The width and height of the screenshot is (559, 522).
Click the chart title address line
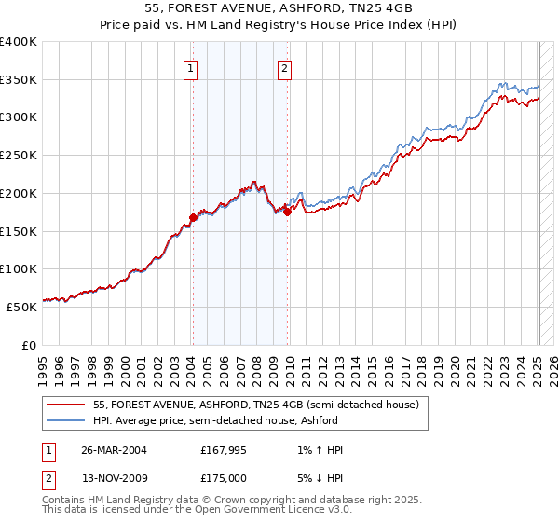coord(279,7)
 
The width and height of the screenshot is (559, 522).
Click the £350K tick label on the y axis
coord(19,80)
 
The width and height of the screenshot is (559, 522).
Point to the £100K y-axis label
coord(19,268)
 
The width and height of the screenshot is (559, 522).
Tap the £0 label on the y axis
coord(30,345)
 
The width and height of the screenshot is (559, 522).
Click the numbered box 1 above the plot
coord(191,67)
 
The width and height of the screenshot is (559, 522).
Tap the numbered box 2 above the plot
coord(283,67)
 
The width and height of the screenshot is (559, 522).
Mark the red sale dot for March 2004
coord(193,218)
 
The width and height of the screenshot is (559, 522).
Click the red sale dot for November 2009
coord(287,212)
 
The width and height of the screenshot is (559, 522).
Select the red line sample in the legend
coord(66,405)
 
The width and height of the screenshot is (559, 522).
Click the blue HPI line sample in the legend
coord(66,420)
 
